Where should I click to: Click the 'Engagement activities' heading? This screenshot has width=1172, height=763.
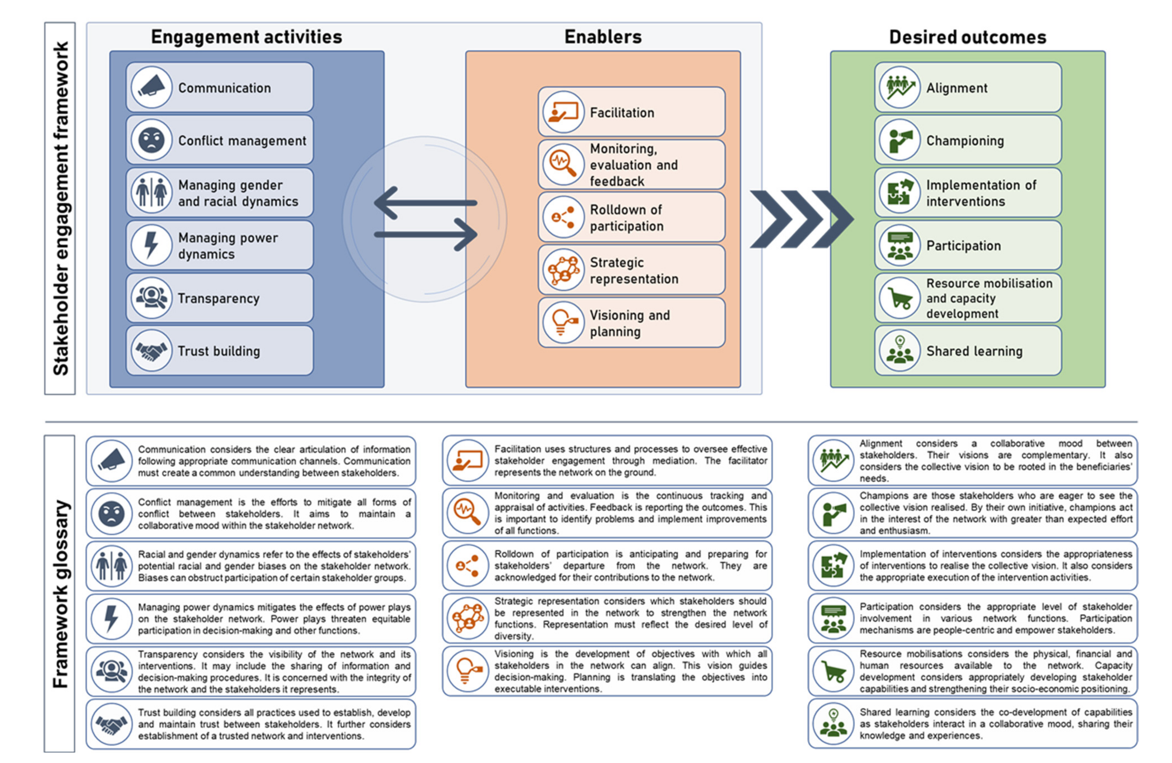[246, 37]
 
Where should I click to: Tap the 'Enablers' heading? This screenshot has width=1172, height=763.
[603, 37]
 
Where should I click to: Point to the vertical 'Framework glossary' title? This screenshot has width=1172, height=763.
[60, 594]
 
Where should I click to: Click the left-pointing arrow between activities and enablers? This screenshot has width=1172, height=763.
[425, 203]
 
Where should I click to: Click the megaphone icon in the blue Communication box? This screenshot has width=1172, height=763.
[151, 88]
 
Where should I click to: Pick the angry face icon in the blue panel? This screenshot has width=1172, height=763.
[151, 140]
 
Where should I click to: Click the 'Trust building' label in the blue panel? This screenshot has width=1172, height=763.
[219, 351]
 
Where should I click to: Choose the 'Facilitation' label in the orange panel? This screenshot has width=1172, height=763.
[622, 113]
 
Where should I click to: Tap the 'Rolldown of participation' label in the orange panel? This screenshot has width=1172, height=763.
[627, 218]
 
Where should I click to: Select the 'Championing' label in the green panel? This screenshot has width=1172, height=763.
[965, 141]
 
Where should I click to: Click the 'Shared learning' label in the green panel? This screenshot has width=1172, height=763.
[974, 351]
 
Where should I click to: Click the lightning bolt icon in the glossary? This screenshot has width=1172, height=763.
[111, 618]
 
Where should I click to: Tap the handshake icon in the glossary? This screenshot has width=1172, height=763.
[111, 724]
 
